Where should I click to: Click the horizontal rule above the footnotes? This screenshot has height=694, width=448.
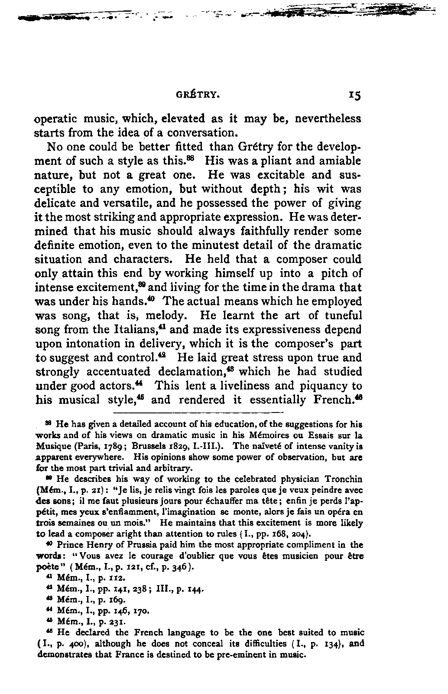click(198, 412)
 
